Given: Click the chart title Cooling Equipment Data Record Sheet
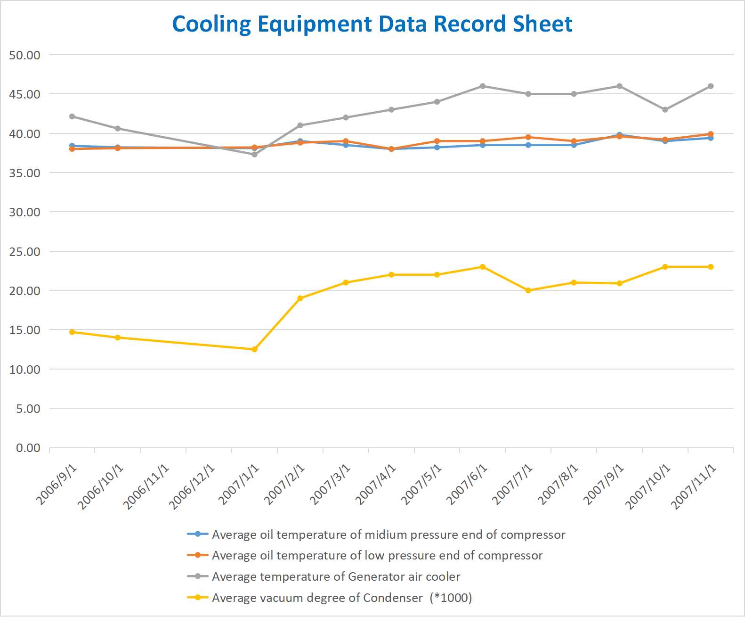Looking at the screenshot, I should (372, 24).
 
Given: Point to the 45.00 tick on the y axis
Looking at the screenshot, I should (25, 94).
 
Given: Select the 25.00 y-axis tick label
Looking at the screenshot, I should (25, 252).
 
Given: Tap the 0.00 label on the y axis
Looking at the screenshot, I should (28, 448).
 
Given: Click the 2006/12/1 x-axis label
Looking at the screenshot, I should (192, 486).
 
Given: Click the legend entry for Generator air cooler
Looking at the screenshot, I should (336, 576).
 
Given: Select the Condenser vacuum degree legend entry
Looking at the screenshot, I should (341, 598).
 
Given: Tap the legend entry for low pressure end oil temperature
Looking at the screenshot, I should (377, 555).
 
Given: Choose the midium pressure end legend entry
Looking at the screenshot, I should (388, 535).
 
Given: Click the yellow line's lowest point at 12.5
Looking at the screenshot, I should (254, 349).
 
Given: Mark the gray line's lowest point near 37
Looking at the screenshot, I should (254, 154).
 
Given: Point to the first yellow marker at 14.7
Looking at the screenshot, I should (72, 332).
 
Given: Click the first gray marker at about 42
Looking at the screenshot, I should (72, 116).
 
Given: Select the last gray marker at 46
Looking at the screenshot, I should (711, 86).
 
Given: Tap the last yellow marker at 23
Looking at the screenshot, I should (711, 267).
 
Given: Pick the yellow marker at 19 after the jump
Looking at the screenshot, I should (300, 298).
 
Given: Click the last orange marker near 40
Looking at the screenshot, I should (711, 134).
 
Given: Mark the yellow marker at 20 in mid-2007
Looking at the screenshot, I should (528, 290).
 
